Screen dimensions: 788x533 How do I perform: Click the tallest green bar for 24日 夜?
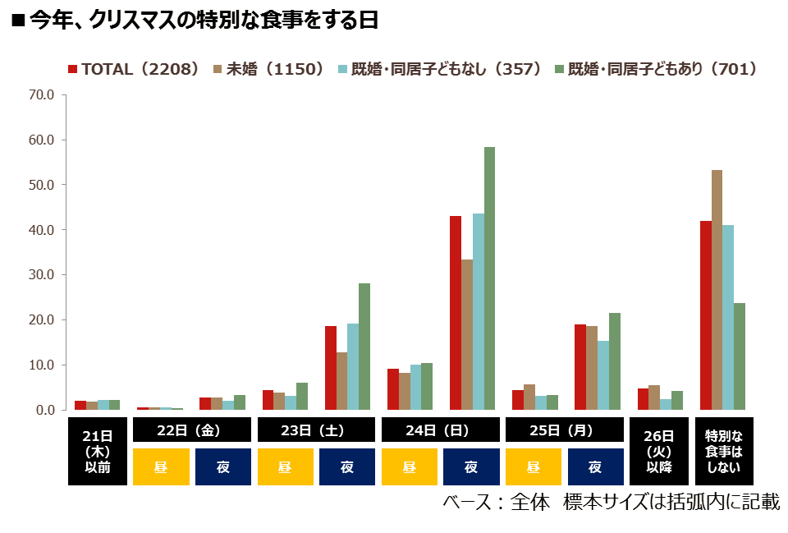click(489, 278)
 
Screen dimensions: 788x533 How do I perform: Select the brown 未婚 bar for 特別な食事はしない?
click(717, 290)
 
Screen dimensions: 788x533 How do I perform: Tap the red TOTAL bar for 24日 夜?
click(456, 313)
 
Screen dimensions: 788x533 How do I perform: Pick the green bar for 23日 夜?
click(364, 347)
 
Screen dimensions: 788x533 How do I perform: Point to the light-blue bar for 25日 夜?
click(603, 375)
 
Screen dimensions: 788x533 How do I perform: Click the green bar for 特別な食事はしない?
click(740, 356)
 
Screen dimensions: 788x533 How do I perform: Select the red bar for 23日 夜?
click(331, 368)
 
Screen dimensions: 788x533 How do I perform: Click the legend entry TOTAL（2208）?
click(134, 69)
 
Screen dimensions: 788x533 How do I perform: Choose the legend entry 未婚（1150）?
click(269, 69)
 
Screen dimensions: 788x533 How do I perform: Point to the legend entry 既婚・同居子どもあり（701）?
click(657, 69)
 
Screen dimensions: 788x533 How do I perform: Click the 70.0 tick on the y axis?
click(41, 94)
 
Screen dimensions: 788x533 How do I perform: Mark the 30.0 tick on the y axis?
click(41, 274)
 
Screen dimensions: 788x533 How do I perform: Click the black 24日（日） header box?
click(440, 430)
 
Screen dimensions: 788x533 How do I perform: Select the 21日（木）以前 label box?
click(98, 451)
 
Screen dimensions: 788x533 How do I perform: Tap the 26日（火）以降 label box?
click(659, 451)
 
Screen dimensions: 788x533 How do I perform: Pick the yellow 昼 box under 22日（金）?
click(161, 466)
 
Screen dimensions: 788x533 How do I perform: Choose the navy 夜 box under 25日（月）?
click(596, 466)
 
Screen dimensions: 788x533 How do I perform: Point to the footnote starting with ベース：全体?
click(611, 502)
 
